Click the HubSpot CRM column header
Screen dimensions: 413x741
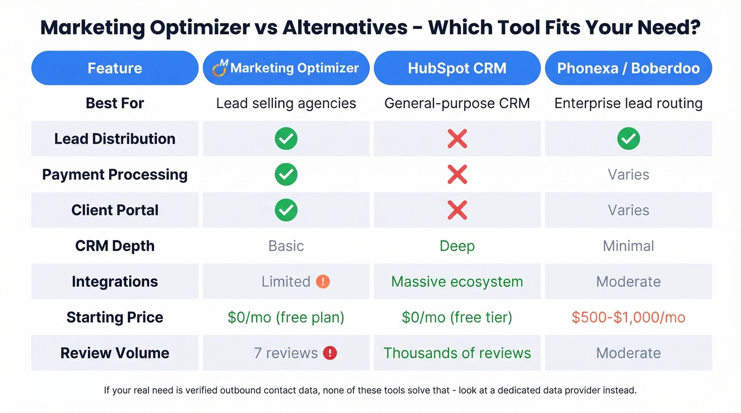[x=457, y=68]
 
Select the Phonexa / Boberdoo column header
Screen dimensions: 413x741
[x=628, y=68]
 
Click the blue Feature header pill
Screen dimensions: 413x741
[x=115, y=68]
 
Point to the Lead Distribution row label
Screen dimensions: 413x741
[x=115, y=139]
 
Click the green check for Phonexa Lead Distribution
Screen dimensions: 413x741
[x=628, y=139]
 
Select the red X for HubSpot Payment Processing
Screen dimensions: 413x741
[x=457, y=175]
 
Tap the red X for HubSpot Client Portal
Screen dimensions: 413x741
[x=457, y=210]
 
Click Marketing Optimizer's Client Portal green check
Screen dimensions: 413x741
[x=286, y=210]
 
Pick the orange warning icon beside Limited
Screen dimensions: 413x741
[x=323, y=281]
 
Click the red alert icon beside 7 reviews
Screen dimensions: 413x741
[x=330, y=353]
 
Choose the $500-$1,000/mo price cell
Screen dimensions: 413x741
[x=628, y=317]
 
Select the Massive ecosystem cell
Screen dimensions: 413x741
[x=457, y=281]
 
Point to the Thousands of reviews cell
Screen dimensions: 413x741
[x=457, y=353]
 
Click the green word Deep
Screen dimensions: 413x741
[x=457, y=246]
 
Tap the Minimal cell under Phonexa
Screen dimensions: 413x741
[x=628, y=246]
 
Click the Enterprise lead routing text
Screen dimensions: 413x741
[x=628, y=103]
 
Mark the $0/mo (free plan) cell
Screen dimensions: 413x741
[x=286, y=317]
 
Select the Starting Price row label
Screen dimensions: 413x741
[x=115, y=317]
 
